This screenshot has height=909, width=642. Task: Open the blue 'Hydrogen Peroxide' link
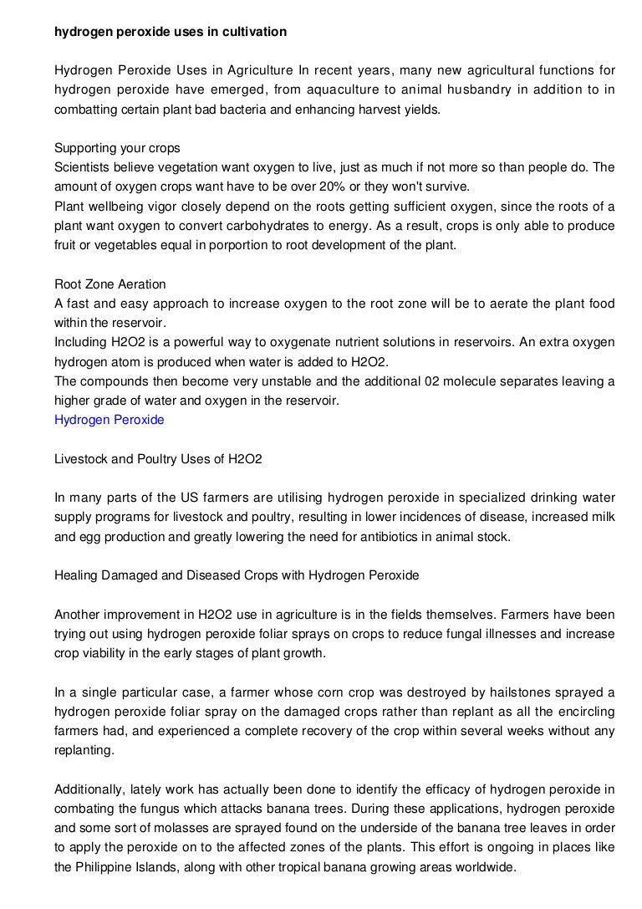point(109,420)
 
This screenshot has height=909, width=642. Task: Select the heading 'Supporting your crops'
point(117,148)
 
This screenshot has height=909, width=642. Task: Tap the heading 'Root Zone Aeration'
point(110,284)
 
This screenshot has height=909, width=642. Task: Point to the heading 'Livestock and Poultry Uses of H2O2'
point(158,459)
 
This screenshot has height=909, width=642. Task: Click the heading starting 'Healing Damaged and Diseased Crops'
point(237,575)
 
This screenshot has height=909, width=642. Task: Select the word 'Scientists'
point(82,167)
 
